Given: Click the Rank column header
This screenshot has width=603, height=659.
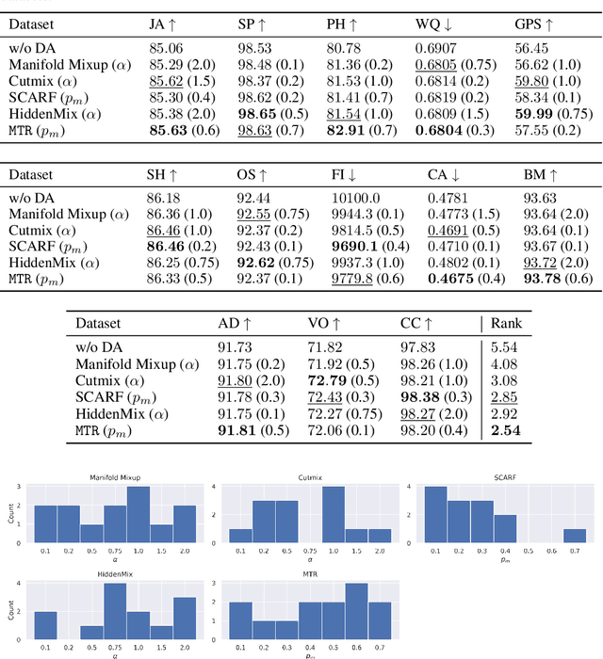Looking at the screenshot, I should coord(510,323).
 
